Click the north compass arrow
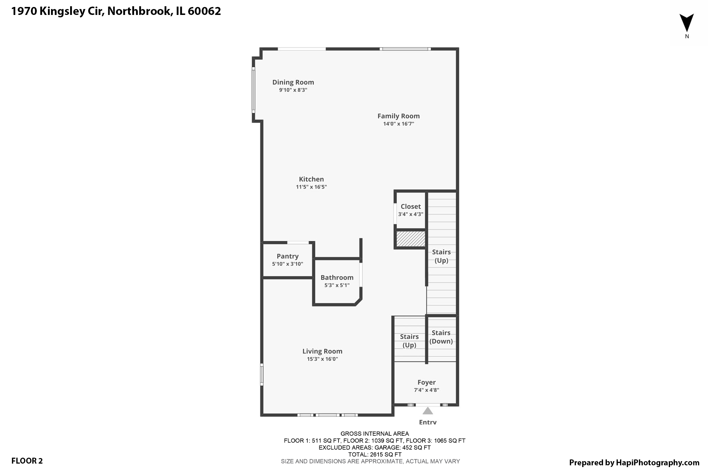[x=686, y=23]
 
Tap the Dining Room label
[x=293, y=82]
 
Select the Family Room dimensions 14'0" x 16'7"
[x=399, y=124]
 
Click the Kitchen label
[x=311, y=179]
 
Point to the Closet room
[x=410, y=210]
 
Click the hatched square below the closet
[x=411, y=239]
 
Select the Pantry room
[x=287, y=260]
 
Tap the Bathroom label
[x=337, y=277]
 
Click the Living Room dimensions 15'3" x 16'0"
[x=322, y=359]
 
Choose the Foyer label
[x=426, y=382]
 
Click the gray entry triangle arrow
[x=428, y=411]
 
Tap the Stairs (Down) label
[x=441, y=337]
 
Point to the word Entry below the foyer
[x=428, y=422]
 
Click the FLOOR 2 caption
[x=27, y=461]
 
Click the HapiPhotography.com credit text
[x=634, y=463]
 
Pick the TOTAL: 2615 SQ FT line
[x=375, y=454]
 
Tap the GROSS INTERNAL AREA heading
[x=375, y=433]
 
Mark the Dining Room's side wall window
[x=253, y=90]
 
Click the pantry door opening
[x=298, y=242]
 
